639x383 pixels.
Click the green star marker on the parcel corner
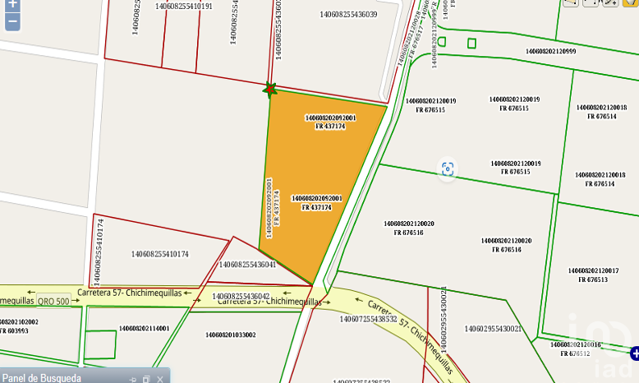269,89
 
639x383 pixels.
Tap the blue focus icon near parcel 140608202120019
448,168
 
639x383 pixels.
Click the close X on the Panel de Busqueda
160,379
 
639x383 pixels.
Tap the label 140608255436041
247,265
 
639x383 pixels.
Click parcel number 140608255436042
241,296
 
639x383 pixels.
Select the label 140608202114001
144,329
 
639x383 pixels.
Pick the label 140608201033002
230,335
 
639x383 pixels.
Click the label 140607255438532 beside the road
368,319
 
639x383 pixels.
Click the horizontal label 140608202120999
551,51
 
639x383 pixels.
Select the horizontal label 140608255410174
159,254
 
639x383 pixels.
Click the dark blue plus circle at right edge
634,353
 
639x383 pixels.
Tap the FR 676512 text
574,353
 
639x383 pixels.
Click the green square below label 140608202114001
100,343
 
